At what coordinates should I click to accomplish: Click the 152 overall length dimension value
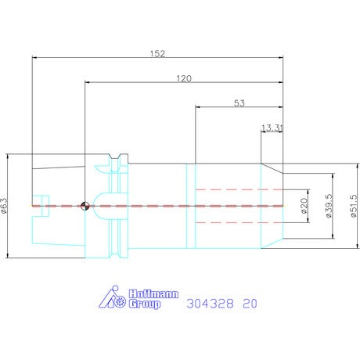pos(157,53)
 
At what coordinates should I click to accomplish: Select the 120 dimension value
pos(184,78)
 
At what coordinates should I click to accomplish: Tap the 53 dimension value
pos(239,103)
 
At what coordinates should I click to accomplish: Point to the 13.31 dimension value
pos(272,128)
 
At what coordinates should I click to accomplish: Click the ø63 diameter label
pos(5,206)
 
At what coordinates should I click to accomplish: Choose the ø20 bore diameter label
pos(304,206)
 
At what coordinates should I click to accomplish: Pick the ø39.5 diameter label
pos(329,206)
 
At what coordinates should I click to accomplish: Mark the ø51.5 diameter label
pos(354,206)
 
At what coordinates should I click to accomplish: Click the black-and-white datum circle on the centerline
pos(85,206)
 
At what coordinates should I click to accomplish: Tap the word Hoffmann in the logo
pos(153,294)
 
